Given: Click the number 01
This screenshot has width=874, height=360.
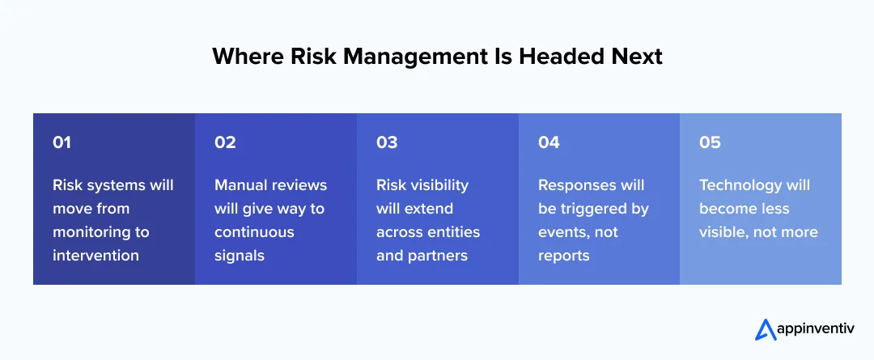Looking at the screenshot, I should point(62,142).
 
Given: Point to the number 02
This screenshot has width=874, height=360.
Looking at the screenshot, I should point(225,142).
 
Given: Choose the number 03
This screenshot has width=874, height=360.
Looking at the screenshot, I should point(387,142).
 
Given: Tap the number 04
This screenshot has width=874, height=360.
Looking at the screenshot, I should point(549,142).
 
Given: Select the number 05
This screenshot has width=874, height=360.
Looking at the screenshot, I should point(710,142).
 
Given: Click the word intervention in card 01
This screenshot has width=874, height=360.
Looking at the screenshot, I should point(95,256).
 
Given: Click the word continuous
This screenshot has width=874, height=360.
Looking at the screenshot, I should point(254,232).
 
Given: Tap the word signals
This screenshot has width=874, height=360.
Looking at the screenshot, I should point(240,256).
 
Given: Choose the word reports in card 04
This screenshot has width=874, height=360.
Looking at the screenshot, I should point(565,256).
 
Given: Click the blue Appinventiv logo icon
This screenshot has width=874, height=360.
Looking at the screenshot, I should point(765,329).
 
